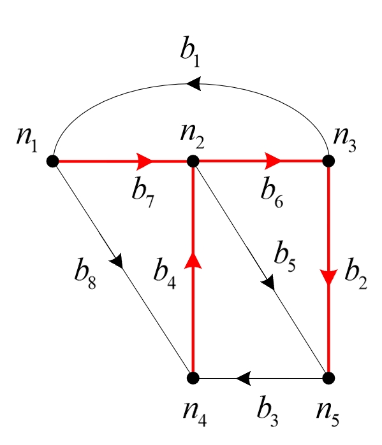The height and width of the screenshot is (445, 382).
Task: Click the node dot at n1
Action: tap(53, 161)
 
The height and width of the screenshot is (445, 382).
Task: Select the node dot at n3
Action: tap(328, 161)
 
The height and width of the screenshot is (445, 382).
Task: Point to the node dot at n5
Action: tap(328, 378)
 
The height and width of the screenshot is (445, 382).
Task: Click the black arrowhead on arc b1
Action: tap(193, 83)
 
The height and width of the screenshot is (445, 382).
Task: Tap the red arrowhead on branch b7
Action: tap(145, 161)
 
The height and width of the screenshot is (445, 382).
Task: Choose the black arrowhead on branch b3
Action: tap(242, 378)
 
